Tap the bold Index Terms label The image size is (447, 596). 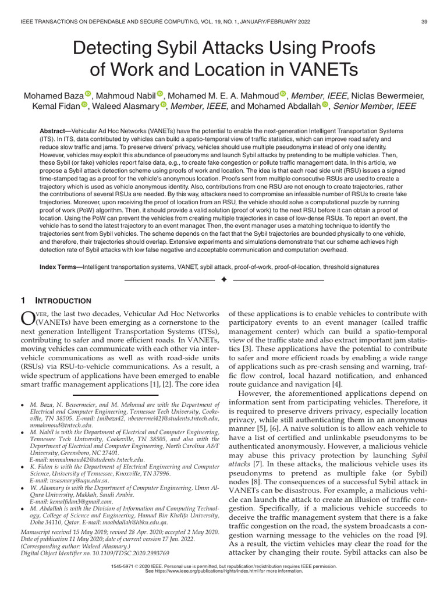[61, 267]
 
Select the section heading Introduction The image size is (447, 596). [64, 301]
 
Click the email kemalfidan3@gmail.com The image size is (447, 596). [72, 501]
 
